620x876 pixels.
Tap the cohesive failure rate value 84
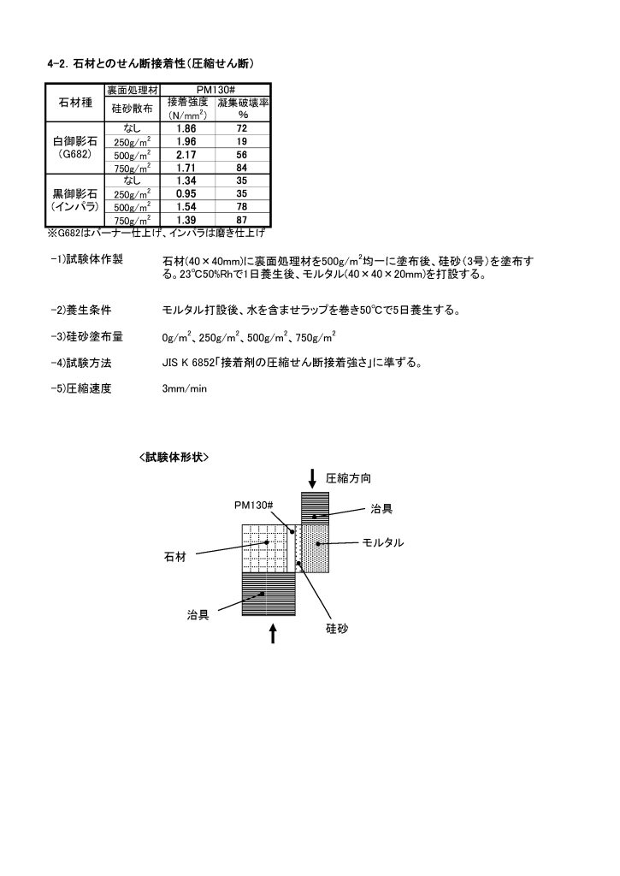(x=242, y=168)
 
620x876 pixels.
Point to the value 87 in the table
(x=242, y=221)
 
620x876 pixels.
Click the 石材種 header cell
(x=74, y=103)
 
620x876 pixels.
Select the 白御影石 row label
(x=74, y=141)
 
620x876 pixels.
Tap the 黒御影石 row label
(x=74, y=194)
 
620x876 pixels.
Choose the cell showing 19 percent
(x=242, y=141)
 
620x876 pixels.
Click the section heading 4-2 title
(x=150, y=63)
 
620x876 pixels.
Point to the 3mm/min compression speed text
(x=185, y=388)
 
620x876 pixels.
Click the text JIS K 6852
(x=189, y=362)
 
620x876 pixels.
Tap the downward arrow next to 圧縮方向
(x=314, y=476)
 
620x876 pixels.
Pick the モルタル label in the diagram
(x=382, y=543)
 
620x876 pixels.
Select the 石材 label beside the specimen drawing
(x=175, y=558)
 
